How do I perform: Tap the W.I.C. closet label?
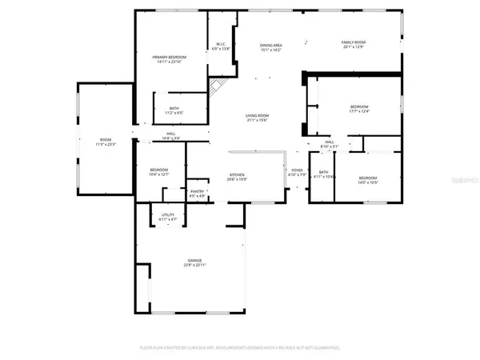(x=221, y=44)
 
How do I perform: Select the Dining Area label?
(x=270, y=45)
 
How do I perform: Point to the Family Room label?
(x=353, y=42)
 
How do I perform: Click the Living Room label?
(x=256, y=116)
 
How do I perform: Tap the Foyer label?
(x=297, y=170)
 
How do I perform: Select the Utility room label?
(x=168, y=214)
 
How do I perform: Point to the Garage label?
(x=194, y=260)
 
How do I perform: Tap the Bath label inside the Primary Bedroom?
(x=174, y=109)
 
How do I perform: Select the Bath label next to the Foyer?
(x=323, y=172)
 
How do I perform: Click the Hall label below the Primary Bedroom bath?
(x=171, y=134)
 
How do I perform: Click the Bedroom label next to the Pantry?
(x=158, y=170)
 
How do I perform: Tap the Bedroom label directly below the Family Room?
(x=359, y=106)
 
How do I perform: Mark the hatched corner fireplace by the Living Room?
(x=217, y=87)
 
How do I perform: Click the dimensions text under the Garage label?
(x=194, y=265)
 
